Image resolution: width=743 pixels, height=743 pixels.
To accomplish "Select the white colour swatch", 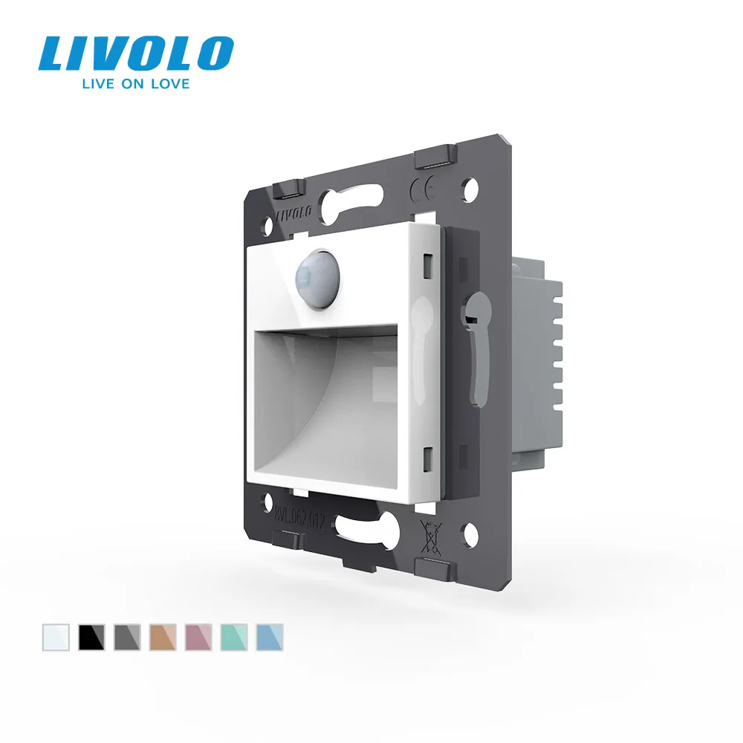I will coord(53,637).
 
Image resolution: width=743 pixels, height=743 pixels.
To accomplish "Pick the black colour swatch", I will coord(89,637).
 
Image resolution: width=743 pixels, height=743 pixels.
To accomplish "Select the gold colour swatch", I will coord(160,637).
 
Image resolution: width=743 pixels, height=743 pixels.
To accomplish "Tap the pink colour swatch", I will coord(196,637).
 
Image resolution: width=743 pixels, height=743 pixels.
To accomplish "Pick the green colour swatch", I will coord(232,637).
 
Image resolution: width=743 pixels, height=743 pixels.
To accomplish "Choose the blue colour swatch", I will coord(267,637).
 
